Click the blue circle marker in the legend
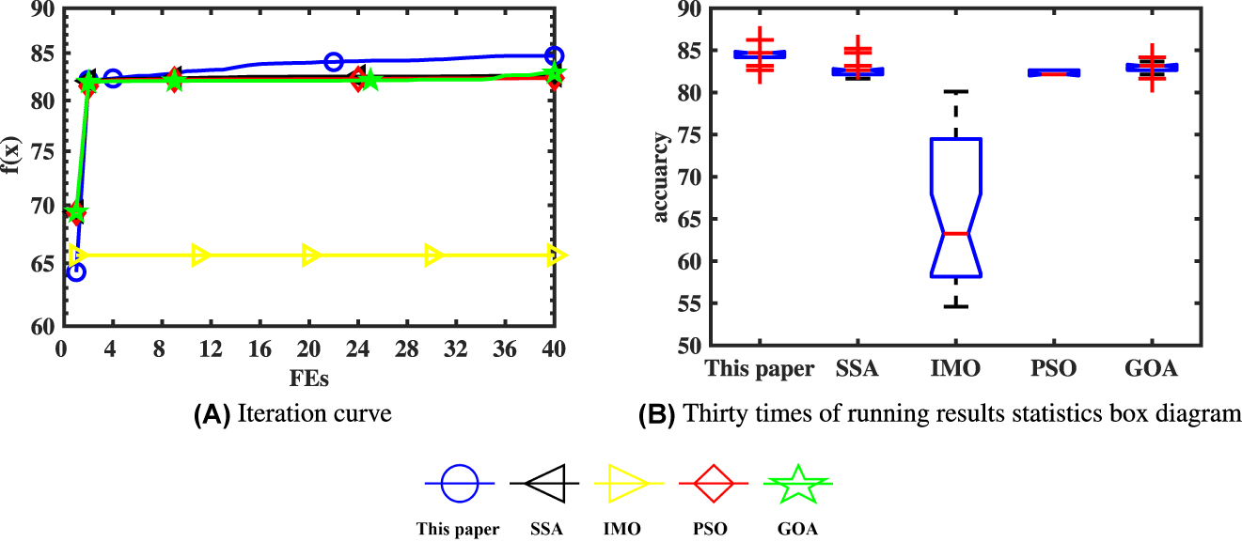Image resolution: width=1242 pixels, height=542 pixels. point(460,483)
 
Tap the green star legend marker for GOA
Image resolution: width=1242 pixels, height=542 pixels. point(797,483)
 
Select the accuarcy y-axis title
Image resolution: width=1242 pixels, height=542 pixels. point(661,178)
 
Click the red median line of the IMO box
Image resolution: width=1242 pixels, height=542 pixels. point(956,233)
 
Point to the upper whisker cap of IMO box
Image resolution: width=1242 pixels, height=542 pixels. point(956,91)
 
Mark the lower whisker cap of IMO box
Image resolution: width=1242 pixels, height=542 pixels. point(956,306)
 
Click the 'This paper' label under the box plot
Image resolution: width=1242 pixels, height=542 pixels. point(760,369)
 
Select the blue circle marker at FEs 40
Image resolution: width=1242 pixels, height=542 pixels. point(554,56)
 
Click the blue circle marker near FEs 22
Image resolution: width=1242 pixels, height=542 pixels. point(333,62)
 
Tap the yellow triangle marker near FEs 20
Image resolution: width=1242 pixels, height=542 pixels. point(310,255)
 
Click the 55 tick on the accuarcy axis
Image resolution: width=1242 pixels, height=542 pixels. point(686,303)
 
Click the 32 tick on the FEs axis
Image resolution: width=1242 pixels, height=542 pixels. point(455,347)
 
